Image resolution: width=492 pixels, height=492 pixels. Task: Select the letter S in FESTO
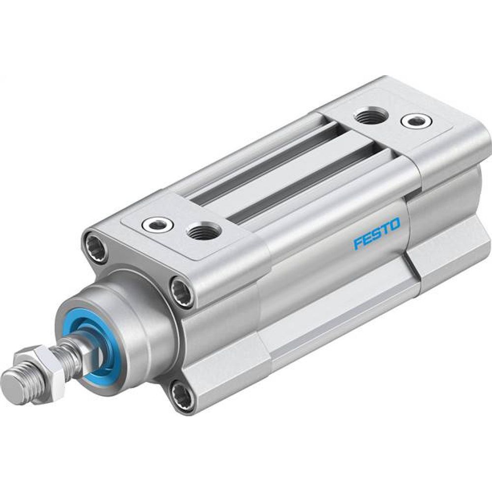(376, 235)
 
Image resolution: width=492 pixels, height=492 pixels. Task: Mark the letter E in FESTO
(367, 239)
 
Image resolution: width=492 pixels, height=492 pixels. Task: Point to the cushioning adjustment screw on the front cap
(157, 225)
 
